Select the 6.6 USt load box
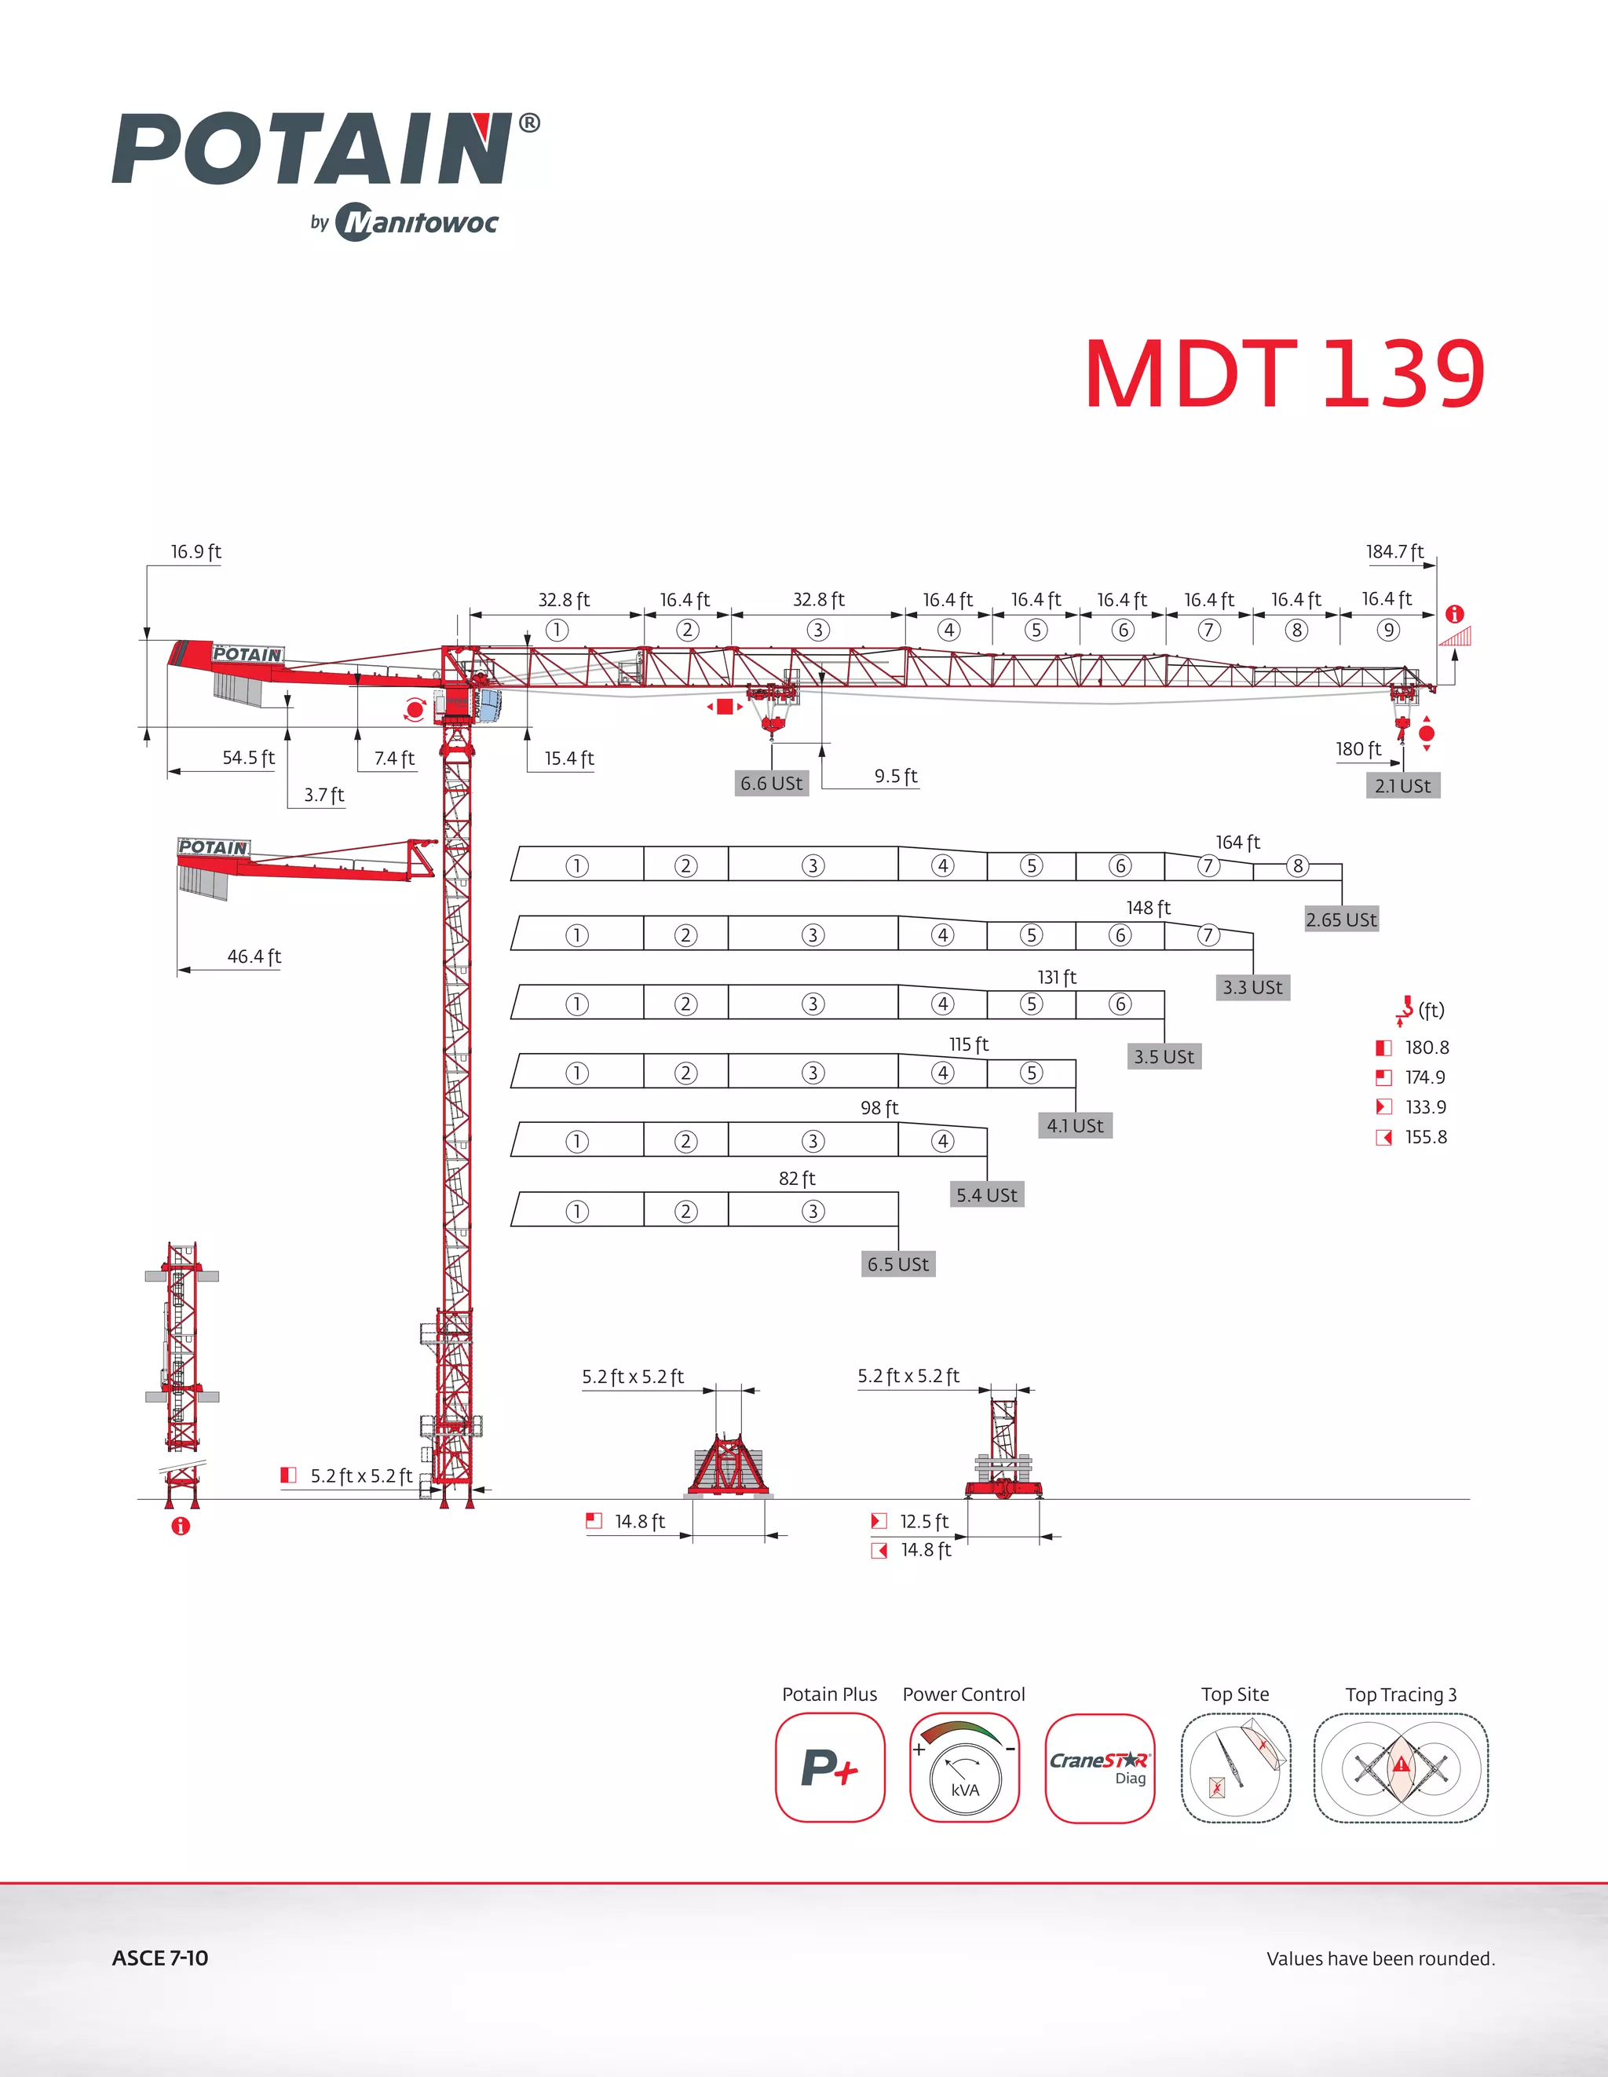pos(771,784)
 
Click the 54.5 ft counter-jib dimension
pos(247,758)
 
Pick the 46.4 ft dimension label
pos(254,956)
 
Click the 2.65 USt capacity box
pos(1341,920)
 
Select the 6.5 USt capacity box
pos(897,1264)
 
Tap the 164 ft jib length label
pos(1237,843)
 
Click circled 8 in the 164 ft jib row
pos(1297,865)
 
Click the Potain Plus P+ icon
pos(829,1767)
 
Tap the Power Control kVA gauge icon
pos(964,1767)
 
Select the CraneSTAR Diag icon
pos(1099,1767)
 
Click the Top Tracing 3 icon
pos(1401,1767)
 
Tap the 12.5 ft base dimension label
pos(923,1522)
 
